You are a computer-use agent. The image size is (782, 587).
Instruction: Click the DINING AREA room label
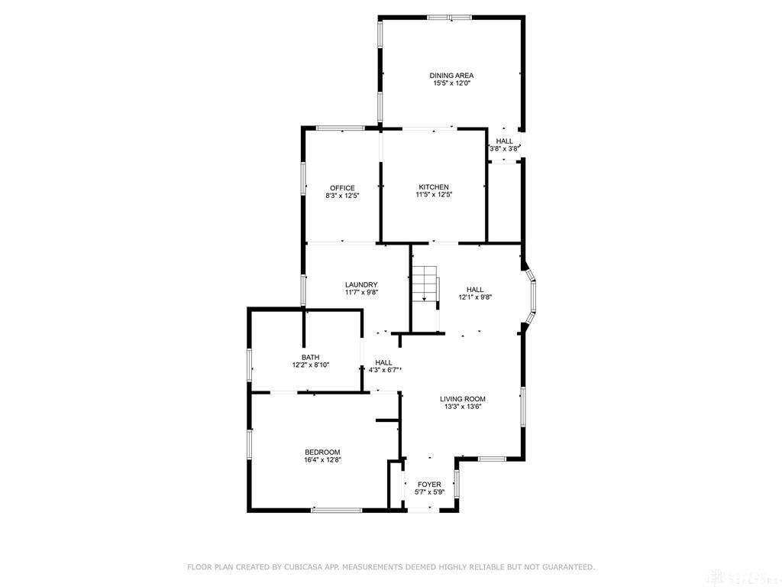[x=451, y=75]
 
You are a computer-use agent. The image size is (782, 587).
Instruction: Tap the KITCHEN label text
[x=433, y=187]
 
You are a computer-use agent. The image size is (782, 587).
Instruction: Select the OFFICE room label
[x=342, y=188]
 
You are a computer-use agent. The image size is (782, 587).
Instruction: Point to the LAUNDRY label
[x=361, y=284]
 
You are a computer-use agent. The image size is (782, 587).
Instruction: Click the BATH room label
[x=310, y=357]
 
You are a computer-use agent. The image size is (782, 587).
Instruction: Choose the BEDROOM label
[x=322, y=452]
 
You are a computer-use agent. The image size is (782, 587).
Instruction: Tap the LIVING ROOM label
[x=463, y=399]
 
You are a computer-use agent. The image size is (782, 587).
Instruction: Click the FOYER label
[x=429, y=485]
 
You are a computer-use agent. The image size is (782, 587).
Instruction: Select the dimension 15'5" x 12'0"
[x=451, y=83]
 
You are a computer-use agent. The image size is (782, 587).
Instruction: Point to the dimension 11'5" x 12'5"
[x=433, y=196]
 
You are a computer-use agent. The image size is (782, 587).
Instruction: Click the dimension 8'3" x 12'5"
[x=342, y=196]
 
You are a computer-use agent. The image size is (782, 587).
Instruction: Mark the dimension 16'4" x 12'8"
[x=322, y=460]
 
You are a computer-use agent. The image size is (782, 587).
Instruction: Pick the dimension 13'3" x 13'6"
[x=463, y=407]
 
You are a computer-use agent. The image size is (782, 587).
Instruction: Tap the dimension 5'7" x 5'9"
[x=429, y=493]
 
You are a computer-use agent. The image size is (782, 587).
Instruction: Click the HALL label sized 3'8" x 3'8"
[x=505, y=141]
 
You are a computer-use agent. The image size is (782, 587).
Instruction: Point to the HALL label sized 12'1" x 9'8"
[x=475, y=290]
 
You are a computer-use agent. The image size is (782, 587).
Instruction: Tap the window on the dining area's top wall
[x=449, y=17]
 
